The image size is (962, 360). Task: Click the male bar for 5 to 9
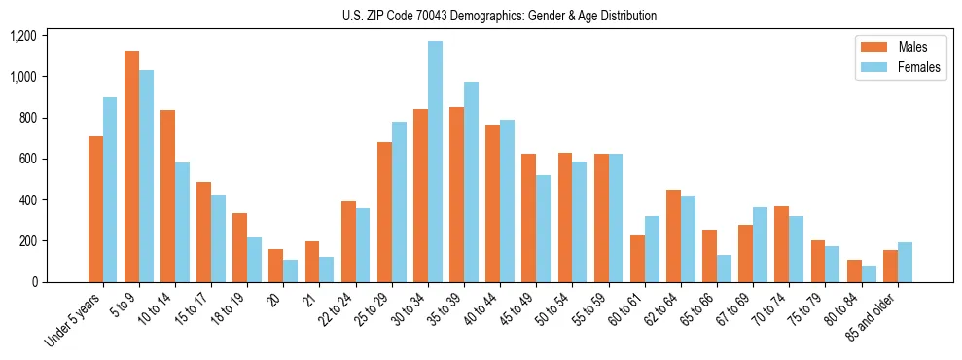[x=132, y=166]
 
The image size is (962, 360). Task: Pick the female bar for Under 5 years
[x=110, y=190]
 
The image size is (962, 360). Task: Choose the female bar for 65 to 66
[x=724, y=269]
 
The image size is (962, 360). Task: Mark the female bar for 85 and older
[x=905, y=262]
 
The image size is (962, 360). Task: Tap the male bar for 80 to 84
[x=854, y=270]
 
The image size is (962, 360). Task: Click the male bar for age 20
[x=276, y=266]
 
